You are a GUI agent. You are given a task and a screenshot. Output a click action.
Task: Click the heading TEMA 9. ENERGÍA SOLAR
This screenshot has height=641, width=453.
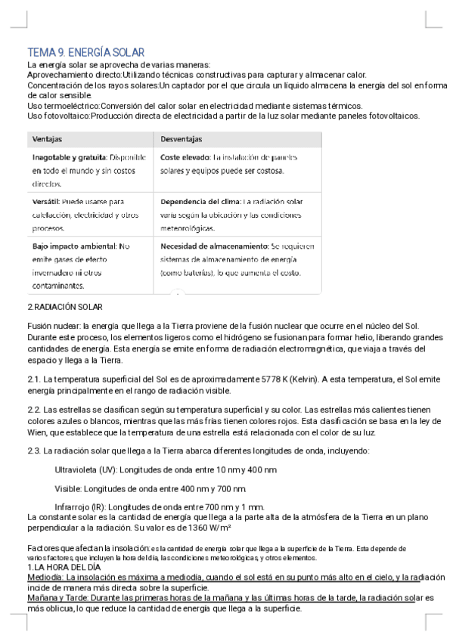tap(85, 52)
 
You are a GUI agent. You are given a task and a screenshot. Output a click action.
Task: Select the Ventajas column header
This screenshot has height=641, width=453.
tap(47, 140)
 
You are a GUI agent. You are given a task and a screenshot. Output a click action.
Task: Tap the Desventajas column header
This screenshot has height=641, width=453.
tap(181, 140)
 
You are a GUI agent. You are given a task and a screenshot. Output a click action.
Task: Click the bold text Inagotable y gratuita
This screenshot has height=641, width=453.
tap(69, 157)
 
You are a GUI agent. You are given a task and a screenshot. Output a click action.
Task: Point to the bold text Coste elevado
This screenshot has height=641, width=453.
tap(185, 157)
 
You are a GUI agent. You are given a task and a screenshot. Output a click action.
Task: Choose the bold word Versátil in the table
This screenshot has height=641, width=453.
tap(45, 202)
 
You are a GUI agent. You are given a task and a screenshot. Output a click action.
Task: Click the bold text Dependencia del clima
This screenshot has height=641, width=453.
tap(200, 202)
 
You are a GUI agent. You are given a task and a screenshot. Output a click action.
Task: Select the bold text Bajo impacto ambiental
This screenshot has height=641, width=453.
tap(74, 246)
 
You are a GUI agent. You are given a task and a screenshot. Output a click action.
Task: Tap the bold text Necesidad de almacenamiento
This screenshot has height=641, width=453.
tap(215, 246)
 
